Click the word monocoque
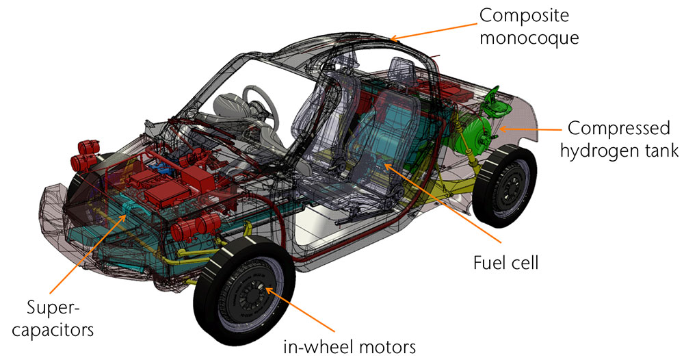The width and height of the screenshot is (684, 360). click(529, 38)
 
